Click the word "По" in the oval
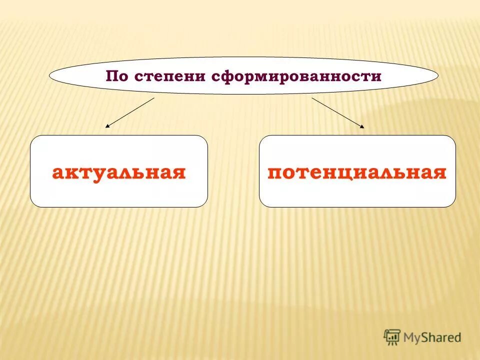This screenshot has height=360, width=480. [x=115, y=76]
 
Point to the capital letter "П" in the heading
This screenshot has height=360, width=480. [x=111, y=76]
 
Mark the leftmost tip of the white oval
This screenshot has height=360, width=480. [x=49, y=75]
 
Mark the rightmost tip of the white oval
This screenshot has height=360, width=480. [x=438, y=75]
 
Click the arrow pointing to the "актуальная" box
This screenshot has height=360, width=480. [x=130, y=113]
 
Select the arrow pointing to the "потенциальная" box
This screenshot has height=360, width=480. [x=338, y=113]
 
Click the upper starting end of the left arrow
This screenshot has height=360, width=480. [x=153, y=98]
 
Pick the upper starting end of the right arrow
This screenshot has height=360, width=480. [x=312, y=98]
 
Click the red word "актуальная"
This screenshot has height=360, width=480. [x=119, y=172]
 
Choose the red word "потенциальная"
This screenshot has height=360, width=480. [x=357, y=172]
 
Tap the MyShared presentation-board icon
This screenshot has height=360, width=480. [x=392, y=337]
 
